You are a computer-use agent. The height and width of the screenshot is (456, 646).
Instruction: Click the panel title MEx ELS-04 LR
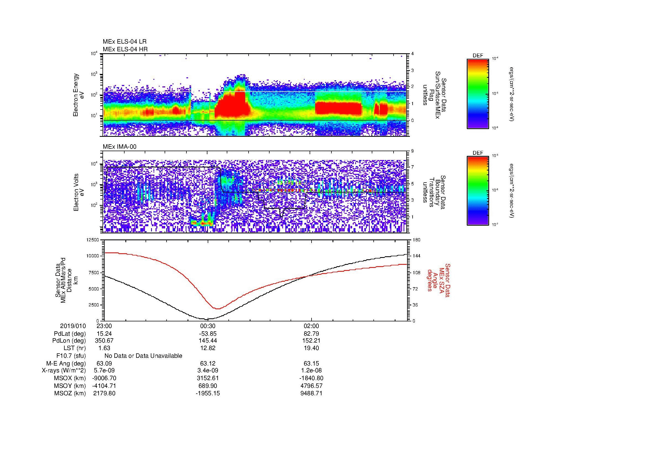pos(124,42)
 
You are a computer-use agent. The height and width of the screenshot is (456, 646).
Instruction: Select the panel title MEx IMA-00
pos(119,147)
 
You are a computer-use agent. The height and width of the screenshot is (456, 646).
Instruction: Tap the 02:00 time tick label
pos(311,326)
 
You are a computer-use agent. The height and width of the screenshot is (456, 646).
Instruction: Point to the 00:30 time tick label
pos(208,326)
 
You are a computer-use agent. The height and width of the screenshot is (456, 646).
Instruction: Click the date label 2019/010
pos(73,326)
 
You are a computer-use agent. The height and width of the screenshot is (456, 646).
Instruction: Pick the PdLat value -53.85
pos(208,334)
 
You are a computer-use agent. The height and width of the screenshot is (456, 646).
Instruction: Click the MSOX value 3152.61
pos(208,378)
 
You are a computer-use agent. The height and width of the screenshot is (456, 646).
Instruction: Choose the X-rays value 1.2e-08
pos(311,370)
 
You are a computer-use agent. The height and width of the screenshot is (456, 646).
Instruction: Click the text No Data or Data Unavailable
pos(143,356)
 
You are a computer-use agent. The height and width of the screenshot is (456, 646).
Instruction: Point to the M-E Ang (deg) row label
pos(66,364)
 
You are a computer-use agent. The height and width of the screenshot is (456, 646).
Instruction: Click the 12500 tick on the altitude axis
pos(93,240)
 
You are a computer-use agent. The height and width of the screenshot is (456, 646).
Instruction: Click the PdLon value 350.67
pos(104,341)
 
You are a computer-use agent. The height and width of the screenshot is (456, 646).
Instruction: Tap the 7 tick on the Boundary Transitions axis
pos(412,167)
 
